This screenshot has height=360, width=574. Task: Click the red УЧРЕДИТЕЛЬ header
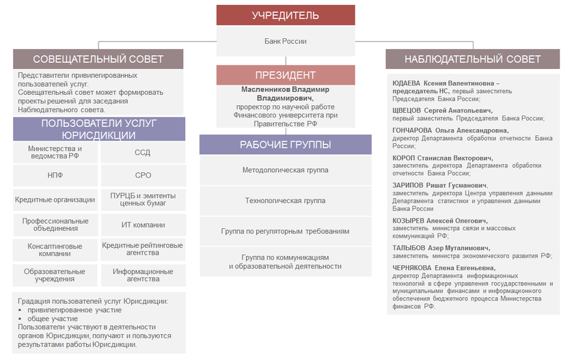pyautogui.click(x=285, y=16)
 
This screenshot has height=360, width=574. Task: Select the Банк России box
pyautogui.click(x=285, y=42)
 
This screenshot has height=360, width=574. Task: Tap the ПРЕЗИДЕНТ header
pyautogui.click(x=285, y=75)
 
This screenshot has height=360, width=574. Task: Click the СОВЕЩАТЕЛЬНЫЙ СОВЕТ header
pyautogui.click(x=98, y=59)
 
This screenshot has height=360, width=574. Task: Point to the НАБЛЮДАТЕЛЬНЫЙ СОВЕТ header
pyautogui.click(x=472, y=59)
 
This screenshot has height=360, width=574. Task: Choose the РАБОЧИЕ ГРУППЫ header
pyautogui.click(x=285, y=144)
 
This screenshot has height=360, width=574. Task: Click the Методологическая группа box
pyautogui.click(x=285, y=169)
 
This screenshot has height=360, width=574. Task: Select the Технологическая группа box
pyautogui.click(x=285, y=201)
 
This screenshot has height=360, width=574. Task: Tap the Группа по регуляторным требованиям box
pyautogui.click(x=285, y=232)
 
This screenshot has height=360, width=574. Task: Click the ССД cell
pyautogui.click(x=143, y=153)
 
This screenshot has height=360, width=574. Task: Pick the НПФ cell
pyautogui.click(x=55, y=176)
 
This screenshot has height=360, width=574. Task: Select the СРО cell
pyautogui.click(x=143, y=176)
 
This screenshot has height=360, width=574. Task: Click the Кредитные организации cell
pyautogui.click(x=55, y=200)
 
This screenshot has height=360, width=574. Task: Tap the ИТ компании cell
pyautogui.click(x=143, y=225)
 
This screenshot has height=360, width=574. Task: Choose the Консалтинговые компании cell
pyautogui.click(x=55, y=249)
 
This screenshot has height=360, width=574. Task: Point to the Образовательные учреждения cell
pyautogui.click(x=55, y=275)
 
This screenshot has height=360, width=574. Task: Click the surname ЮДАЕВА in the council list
pyautogui.click(x=407, y=83)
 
